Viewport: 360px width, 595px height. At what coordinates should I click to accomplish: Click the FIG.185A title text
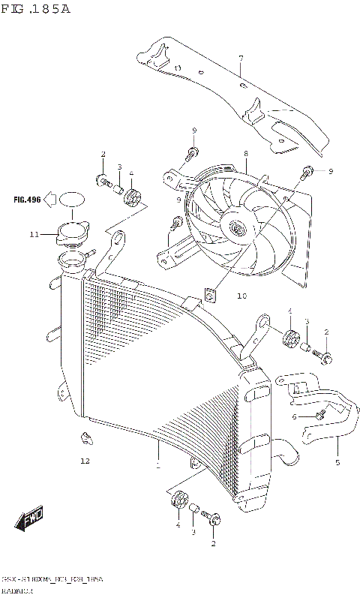(35, 11)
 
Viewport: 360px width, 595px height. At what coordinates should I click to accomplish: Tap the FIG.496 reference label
(25, 200)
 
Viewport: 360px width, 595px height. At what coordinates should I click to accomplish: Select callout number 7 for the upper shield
(241, 59)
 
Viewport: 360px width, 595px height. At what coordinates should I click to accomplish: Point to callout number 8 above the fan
(245, 154)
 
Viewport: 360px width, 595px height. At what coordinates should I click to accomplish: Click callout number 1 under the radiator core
(157, 465)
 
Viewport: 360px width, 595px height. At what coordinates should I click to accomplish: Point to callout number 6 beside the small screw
(295, 416)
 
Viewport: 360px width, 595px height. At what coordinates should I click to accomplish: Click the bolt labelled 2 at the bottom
(214, 518)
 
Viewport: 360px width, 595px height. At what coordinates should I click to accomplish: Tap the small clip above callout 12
(86, 437)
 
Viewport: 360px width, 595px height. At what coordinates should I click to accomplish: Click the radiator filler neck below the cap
(71, 262)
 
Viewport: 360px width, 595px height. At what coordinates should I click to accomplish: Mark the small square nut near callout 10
(211, 294)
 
